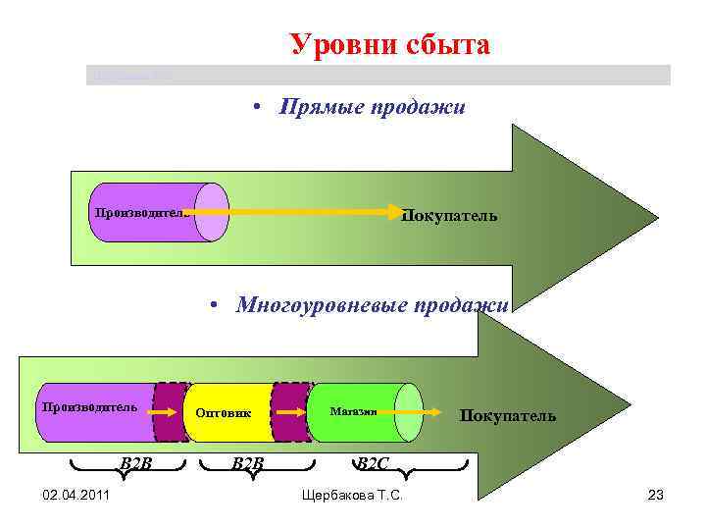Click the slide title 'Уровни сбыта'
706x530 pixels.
389,45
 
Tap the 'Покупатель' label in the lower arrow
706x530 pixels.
508,415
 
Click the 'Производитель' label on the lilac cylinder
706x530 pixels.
138,211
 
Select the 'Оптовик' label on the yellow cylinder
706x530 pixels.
224,413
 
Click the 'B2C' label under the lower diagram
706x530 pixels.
374,462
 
